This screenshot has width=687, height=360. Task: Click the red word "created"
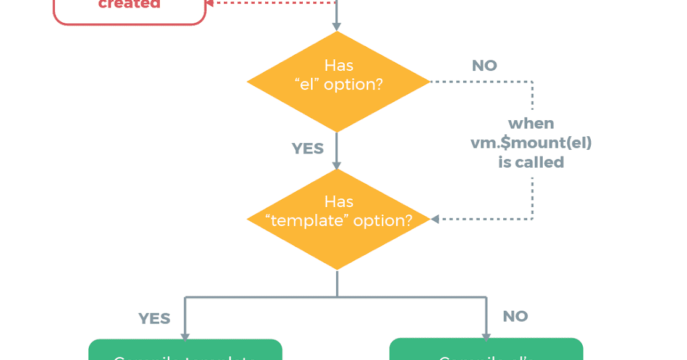(x=129, y=4)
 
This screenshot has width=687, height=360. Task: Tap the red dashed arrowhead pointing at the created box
(x=210, y=2)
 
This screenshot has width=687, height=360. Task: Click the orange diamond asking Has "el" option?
(x=337, y=81)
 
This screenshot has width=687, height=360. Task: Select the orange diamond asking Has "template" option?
(x=337, y=219)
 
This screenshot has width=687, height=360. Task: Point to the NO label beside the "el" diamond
(x=484, y=66)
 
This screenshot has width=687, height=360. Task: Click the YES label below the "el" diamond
(x=307, y=149)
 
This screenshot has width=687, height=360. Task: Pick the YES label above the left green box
(x=154, y=319)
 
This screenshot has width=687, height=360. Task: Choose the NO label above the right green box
(x=515, y=317)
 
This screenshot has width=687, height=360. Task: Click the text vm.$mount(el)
(x=531, y=143)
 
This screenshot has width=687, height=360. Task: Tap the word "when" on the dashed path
(x=531, y=124)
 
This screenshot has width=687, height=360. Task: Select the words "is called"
(x=531, y=163)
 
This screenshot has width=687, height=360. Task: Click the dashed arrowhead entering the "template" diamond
(x=435, y=219)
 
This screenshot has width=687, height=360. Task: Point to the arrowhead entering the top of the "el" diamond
(x=337, y=27)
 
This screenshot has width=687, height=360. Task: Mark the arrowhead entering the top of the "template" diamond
(x=337, y=165)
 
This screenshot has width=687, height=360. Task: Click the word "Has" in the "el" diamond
(x=339, y=65)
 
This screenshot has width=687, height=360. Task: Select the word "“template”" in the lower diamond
(x=306, y=221)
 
